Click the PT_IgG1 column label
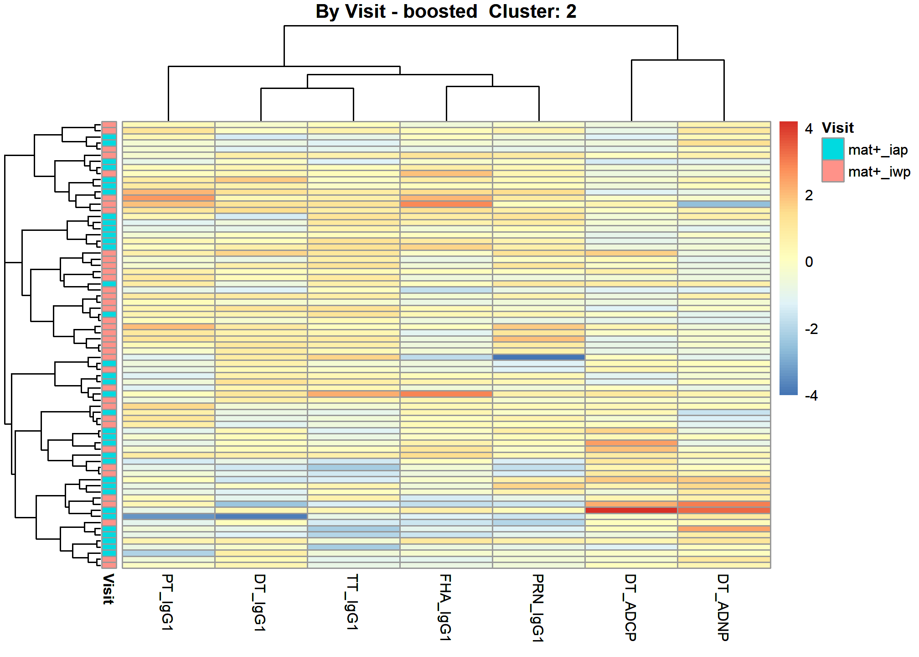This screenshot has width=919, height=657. (x=168, y=602)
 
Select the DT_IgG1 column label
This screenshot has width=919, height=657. (x=260, y=602)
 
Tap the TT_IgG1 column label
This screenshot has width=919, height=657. (x=353, y=602)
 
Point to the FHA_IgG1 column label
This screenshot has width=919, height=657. (x=445, y=607)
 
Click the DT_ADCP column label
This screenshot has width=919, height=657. (x=631, y=607)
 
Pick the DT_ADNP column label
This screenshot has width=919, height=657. (x=723, y=607)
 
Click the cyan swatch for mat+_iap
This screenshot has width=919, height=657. (x=833, y=149)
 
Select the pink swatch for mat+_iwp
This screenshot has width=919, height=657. (x=833, y=171)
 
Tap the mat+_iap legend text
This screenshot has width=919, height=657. (x=878, y=150)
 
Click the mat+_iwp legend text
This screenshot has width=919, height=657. (x=879, y=172)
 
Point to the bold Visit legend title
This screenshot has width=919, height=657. (x=838, y=128)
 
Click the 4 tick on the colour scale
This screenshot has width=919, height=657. (x=809, y=129)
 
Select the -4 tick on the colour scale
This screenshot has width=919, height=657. (x=811, y=396)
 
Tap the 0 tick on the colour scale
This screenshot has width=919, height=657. (x=809, y=262)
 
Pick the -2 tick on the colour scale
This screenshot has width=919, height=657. (x=811, y=329)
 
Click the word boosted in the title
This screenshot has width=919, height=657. (x=440, y=11)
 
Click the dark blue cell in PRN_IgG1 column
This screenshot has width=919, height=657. (x=538, y=357)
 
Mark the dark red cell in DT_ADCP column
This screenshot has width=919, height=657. (x=631, y=510)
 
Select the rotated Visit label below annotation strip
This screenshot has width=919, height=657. (x=108, y=589)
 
